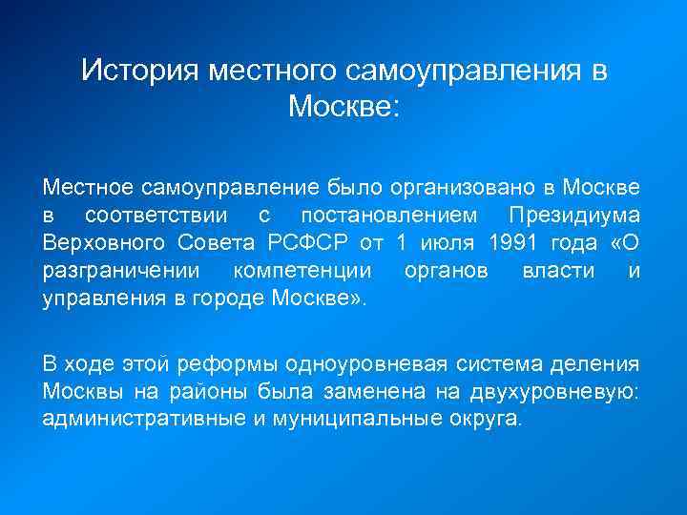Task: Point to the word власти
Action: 554,271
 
